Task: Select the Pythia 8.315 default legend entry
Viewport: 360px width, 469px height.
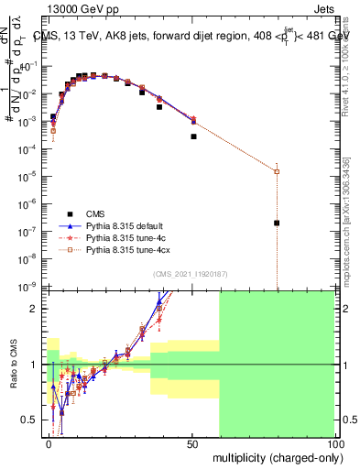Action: point(124,224)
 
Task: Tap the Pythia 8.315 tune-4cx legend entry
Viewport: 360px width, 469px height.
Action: point(126,249)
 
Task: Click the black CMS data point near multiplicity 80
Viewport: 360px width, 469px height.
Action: point(277,223)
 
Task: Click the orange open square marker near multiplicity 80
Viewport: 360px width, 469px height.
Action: point(277,171)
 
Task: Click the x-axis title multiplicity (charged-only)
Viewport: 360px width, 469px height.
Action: point(274,455)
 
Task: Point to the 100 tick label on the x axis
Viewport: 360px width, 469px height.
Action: point(333,443)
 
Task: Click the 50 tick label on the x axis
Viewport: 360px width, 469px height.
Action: point(192,443)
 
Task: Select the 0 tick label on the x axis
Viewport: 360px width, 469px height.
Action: point(50,443)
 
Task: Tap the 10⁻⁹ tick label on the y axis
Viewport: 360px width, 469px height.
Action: point(30,287)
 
